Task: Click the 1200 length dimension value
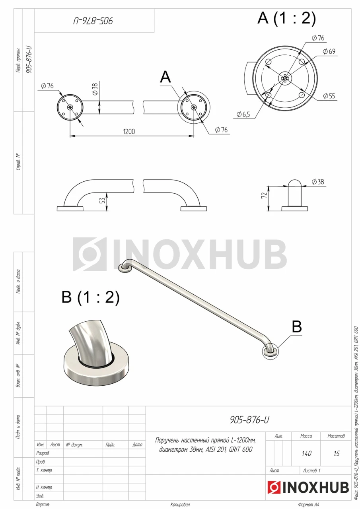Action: [129, 132]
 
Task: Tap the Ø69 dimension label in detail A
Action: [329, 51]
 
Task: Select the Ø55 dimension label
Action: [329, 96]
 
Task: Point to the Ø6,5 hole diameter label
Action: [243, 114]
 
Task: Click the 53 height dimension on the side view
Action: [103, 200]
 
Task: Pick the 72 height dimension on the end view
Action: [264, 195]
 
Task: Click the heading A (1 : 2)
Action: [286, 18]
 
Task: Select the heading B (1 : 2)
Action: [90, 297]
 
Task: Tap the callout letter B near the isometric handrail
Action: [297, 326]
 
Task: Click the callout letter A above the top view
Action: [165, 77]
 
